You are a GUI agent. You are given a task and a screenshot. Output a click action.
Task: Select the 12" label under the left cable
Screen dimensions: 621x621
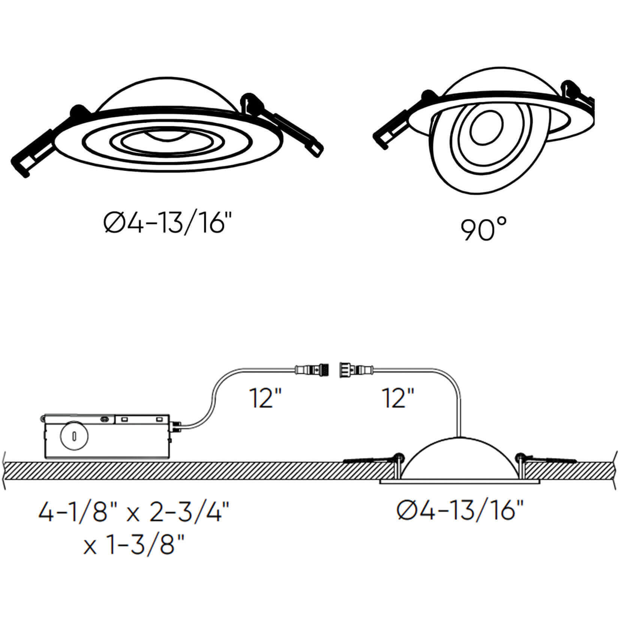265,398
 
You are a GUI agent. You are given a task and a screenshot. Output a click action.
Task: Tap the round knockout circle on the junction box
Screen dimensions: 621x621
74,436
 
